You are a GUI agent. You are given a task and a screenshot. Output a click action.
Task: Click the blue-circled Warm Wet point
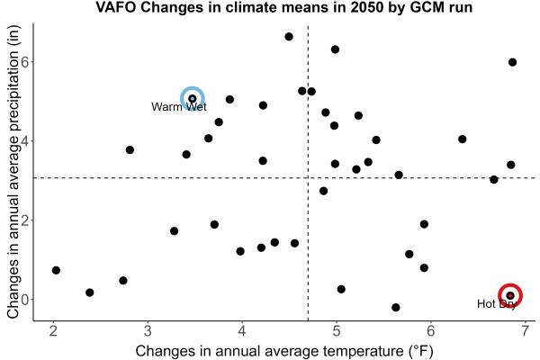[x=193, y=99]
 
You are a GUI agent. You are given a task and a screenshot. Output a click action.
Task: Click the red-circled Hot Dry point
[x=510, y=295]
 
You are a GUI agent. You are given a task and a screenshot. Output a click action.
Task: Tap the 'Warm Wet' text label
[x=179, y=107]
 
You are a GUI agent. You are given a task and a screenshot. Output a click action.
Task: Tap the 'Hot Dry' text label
[x=497, y=304]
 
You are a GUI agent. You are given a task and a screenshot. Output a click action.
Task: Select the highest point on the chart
[x=289, y=37]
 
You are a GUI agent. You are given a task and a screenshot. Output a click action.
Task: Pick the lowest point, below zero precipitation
[x=396, y=307]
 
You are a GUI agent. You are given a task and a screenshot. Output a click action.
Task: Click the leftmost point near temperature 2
[x=56, y=270]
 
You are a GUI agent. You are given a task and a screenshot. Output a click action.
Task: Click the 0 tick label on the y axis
[x=26, y=300]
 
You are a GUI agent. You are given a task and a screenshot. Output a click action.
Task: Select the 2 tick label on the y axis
[x=26, y=220]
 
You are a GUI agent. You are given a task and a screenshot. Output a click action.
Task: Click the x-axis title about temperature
[x=284, y=351]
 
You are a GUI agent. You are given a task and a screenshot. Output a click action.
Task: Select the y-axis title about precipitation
[x=13, y=172]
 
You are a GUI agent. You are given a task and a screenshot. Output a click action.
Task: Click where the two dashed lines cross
[x=308, y=178]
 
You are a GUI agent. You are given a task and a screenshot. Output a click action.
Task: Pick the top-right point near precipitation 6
[x=512, y=62]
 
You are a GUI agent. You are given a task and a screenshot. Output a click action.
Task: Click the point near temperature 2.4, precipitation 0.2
[x=89, y=292]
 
